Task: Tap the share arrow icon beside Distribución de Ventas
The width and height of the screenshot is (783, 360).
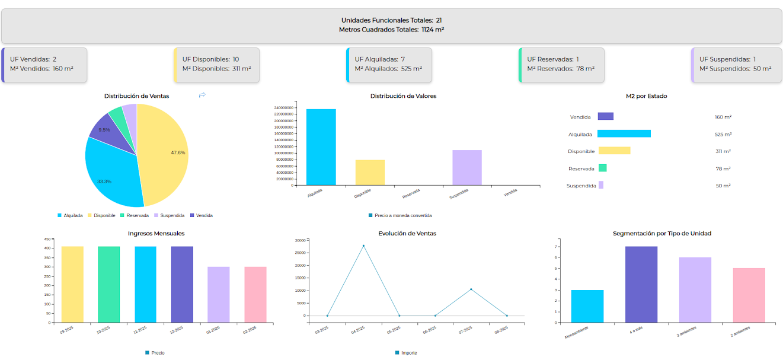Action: [202, 95]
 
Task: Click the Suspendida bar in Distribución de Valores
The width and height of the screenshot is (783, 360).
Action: [466, 167]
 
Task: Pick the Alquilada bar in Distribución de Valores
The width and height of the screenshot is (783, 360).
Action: [321, 146]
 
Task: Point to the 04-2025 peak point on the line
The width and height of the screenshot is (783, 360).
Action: [363, 246]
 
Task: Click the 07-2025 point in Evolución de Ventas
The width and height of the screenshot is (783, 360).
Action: [471, 289]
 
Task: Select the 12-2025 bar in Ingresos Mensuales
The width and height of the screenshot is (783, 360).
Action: [182, 284]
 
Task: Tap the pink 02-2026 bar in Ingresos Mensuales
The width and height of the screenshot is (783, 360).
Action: [255, 294]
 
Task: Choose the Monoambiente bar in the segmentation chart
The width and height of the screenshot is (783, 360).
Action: [587, 306]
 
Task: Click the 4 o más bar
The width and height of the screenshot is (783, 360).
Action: [641, 284]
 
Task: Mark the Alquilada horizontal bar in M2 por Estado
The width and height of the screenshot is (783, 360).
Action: [624, 134]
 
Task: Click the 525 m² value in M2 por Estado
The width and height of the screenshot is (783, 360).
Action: [723, 135]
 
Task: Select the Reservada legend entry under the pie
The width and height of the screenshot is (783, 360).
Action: [135, 215]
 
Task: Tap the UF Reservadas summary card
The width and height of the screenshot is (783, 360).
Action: [561, 64]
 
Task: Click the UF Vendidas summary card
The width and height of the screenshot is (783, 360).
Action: [44, 64]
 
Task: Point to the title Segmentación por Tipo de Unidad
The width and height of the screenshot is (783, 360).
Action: [661, 233]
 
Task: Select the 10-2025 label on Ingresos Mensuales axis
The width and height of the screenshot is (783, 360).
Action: [104, 330]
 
